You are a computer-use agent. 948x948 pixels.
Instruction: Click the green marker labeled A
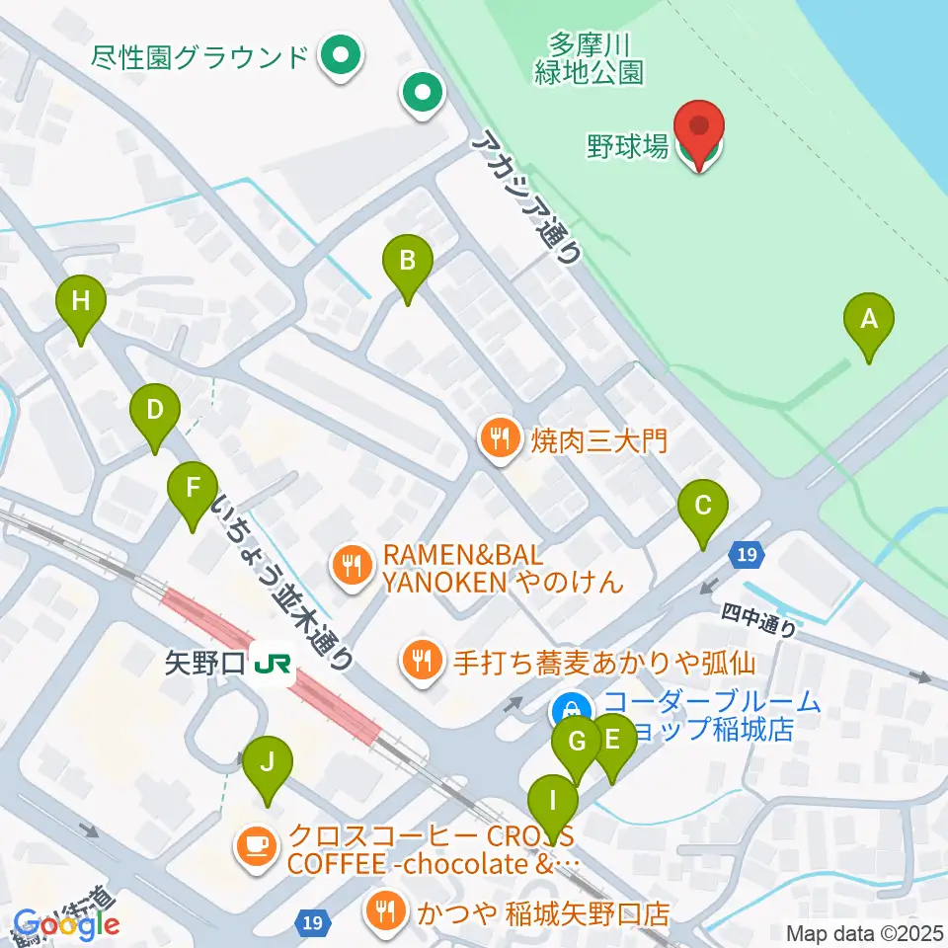pos(869,322)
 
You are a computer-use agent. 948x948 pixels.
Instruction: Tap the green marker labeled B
pos(407,263)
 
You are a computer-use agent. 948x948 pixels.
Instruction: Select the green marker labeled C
pos(703,509)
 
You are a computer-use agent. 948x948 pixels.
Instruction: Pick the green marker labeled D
pos(154,411)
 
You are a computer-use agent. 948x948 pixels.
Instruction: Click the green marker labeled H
pos(81,302)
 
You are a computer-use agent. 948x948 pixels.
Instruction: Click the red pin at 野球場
pos(699,130)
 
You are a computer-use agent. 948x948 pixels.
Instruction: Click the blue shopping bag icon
pos(571,709)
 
